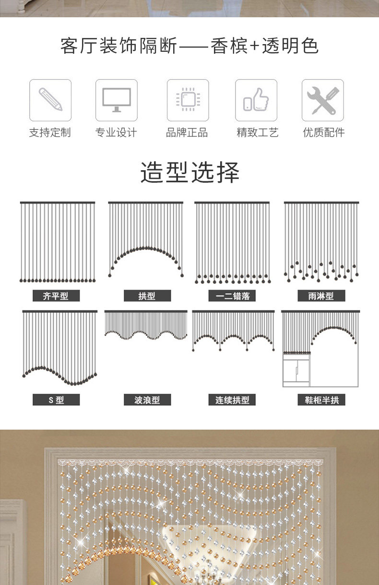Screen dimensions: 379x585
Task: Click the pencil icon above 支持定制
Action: pyautogui.click(x=50, y=100)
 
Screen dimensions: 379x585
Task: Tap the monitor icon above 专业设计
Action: pyautogui.click(x=116, y=100)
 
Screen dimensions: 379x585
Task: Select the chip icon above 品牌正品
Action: pyautogui.click(x=188, y=100)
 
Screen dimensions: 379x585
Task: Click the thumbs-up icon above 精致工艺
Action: pyautogui.click(x=256, y=100)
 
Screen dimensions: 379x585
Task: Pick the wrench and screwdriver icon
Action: pyautogui.click(x=322, y=100)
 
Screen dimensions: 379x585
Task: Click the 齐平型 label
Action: pyautogui.click(x=56, y=296)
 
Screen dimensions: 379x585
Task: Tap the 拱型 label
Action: pyautogui.click(x=147, y=296)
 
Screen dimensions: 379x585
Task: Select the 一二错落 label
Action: pyautogui.click(x=232, y=296)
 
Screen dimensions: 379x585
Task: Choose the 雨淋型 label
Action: pyautogui.click(x=321, y=296)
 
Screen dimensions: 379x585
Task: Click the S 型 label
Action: pyautogui.click(x=56, y=399)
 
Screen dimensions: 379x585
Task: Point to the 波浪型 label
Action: pyautogui.click(x=147, y=399)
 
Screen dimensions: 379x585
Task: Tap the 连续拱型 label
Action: pyautogui.click(x=232, y=399)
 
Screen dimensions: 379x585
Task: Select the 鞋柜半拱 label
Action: pyautogui.click(x=321, y=399)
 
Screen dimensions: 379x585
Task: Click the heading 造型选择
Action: pyautogui.click(x=189, y=173)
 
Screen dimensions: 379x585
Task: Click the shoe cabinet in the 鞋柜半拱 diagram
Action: pyautogui.click(x=296, y=369)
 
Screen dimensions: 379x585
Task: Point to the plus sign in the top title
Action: pyautogui.click(x=254, y=47)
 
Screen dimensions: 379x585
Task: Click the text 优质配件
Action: pyautogui.click(x=324, y=133)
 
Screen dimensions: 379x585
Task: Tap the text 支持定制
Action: pyautogui.click(x=50, y=133)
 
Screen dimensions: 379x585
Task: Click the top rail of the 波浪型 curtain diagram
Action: pyautogui.click(x=146, y=312)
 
